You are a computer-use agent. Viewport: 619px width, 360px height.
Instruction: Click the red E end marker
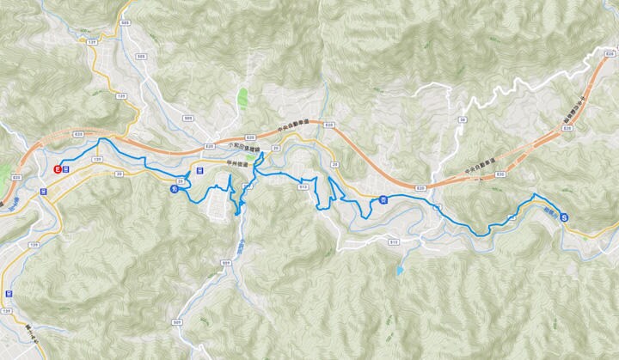click(x=58, y=169)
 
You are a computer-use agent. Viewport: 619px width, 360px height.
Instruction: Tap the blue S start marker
click(x=564, y=217)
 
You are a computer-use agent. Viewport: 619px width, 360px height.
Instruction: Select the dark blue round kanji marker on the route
click(x=175, y=190)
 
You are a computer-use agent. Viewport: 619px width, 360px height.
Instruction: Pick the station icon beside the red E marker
click(x=66, y=169)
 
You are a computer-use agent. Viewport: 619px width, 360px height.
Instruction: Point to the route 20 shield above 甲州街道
click(x=276, y=148)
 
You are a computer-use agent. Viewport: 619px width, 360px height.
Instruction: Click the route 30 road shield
click(x=463, y=120)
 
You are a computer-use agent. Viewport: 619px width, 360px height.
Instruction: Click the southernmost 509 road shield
click(x=177, y=322)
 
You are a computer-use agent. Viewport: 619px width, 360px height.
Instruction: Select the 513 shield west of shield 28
click(x=302, y=186)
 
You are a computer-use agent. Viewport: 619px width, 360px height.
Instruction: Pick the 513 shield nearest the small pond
click(x=394, y=242)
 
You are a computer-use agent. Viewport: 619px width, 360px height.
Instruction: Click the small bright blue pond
click(x=399, y=270)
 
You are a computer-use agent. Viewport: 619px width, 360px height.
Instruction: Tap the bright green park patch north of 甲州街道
click(x=243, y=96)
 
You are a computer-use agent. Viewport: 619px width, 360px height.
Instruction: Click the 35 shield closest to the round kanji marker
click(x=181, y=181)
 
